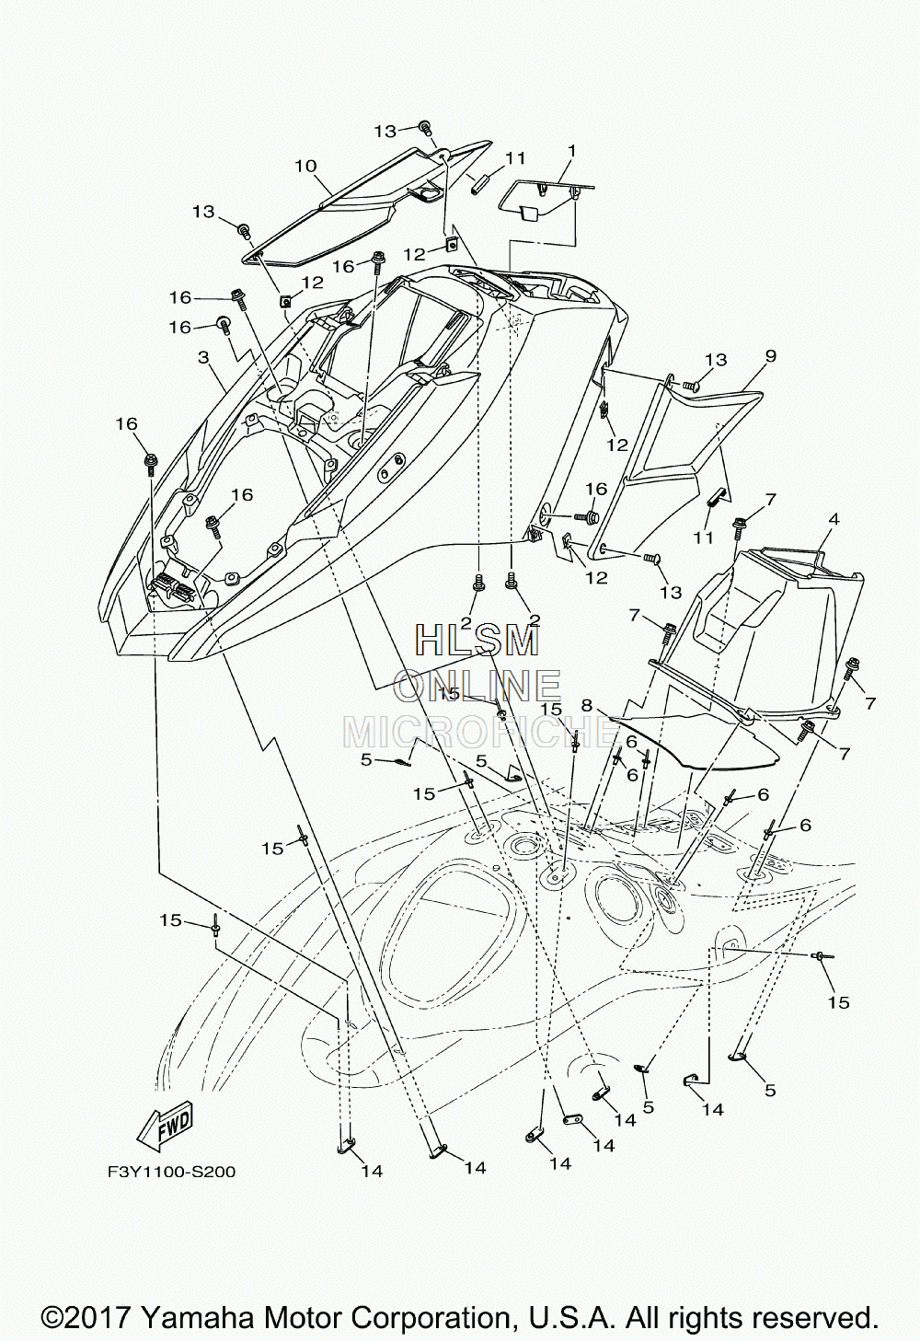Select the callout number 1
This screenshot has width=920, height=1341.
click(571, 151)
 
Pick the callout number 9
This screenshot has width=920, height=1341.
click(770, 355)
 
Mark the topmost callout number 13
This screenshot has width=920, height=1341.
click(386, 131)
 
